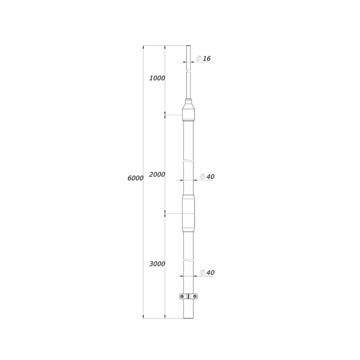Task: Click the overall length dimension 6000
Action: click(x=136, y=178)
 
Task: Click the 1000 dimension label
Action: click(x=157, y=78)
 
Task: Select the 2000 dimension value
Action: click(x=157, y=175)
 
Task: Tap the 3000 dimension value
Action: click(x=157, y=264)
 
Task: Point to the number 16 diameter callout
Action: click(x=207, y=58)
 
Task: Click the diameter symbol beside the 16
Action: click(x=199, y=58)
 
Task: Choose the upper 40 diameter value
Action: click(x=210, y=177)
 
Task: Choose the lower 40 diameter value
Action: click(x=210, y=273)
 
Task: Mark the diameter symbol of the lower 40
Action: click(x=202, y=273)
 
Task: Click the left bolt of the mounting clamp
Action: click(x=182, y=296)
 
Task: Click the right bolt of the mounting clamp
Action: click(x=195, y=296)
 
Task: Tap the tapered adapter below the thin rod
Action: click(x=188, y=110)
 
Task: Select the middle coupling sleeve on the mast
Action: click(x=188, y=214)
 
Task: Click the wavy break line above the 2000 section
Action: click(x=188, y=161)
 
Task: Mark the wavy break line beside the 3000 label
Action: click(x=188, y=260)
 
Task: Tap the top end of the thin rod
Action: click(x=188, y=47)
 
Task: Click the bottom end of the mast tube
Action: click(x=188, y=317)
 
